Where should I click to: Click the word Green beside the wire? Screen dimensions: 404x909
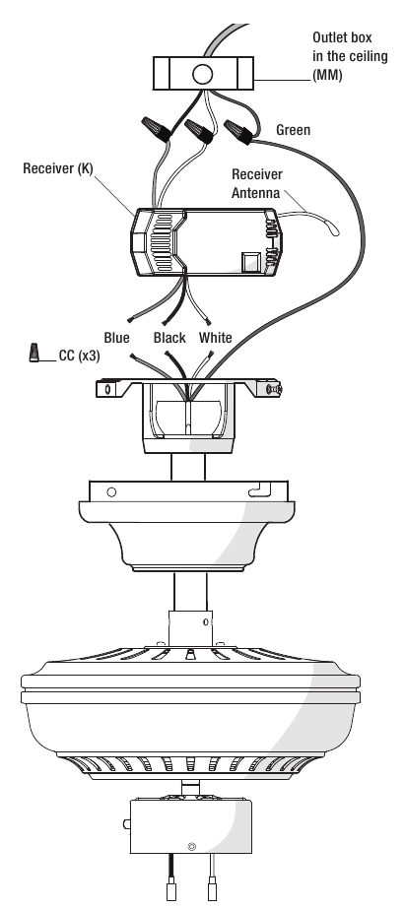click(293, 130)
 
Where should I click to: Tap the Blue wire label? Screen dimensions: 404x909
click(116, 338)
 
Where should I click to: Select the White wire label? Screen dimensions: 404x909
click(215, 338)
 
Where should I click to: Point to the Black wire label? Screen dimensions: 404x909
click(169, 338)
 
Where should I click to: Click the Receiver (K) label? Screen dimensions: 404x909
click(58, 168)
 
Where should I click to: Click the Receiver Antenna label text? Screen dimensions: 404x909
click(257, 184)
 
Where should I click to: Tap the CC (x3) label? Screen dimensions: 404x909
click(80, 356)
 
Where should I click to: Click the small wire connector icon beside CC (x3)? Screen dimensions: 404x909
click(34, 353)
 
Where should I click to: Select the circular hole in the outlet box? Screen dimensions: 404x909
click(202, 74)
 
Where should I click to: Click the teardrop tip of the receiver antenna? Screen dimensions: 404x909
click(334, 231)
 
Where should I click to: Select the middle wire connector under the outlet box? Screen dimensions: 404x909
click(198, 131)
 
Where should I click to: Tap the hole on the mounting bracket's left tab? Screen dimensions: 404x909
click(105, 388)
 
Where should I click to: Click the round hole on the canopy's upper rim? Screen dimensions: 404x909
click(112, 492)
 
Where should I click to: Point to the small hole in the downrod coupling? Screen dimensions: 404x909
click(206, 622)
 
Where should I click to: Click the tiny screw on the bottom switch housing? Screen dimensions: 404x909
click(192, 847)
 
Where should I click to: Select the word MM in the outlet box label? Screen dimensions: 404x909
click(327, 76)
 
